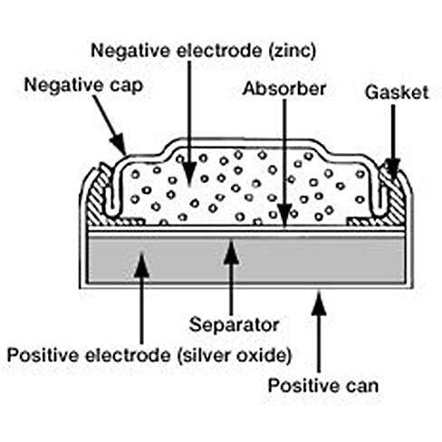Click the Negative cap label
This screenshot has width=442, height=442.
coord(83,85)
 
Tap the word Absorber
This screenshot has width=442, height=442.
coord(284,89)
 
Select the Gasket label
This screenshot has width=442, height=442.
coord(397,92)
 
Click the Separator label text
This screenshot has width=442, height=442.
coord(234,325)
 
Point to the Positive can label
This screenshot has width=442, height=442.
coord(323,386)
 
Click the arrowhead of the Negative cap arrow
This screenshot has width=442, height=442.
coord(119,143)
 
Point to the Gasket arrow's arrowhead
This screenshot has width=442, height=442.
coord(393,168)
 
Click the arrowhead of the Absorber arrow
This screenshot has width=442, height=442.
coord(284,215)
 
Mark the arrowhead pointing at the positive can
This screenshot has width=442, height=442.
coord(319,303)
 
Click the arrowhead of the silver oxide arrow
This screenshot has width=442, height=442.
coord(141,264)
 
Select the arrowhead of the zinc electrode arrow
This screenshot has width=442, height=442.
coord(189,173)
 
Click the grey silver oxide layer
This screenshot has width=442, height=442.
coord(245,260)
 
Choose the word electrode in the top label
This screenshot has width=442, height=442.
coord(219,51)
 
